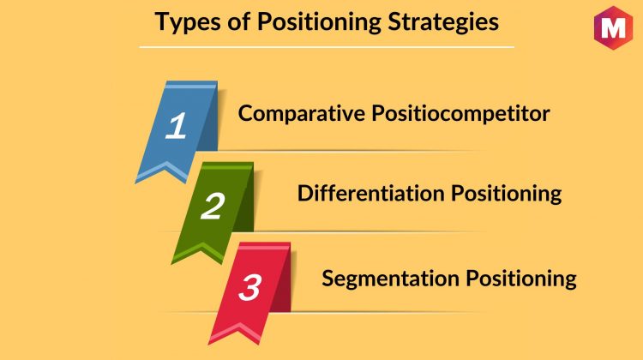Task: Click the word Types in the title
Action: tap(188, 22)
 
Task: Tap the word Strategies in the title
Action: tap(443, 22)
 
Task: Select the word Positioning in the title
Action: tap(319, 22)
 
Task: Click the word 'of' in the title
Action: tap(239, 21)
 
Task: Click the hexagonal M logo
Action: tap(613, 27)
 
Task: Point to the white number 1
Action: tap(176, 125)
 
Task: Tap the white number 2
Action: tap(213, 206)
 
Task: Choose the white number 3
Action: tap(249, 287)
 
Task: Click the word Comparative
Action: tap(302, 114)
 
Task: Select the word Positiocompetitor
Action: tap(460, 114)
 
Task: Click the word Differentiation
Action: tap(370, 193)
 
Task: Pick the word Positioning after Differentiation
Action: tap(507, 194)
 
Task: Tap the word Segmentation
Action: tap(390, 278)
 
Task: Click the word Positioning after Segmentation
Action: tap(521, 279)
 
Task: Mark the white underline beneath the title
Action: tap(327, 47)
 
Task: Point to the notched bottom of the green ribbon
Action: tap(201, 246)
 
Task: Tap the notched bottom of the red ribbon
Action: tap(238, 326)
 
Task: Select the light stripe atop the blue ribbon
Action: tap(190, 86)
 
